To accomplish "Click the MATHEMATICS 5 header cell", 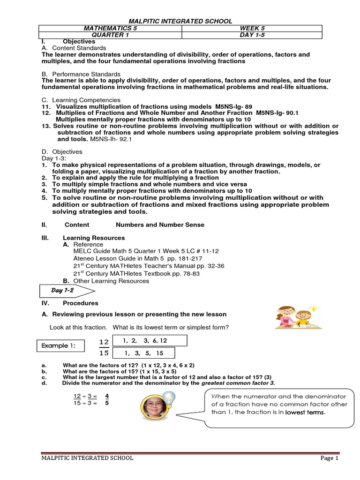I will tap(111, 28).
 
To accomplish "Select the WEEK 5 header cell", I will tap(251, 28).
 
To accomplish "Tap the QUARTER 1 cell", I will tap(111, 35).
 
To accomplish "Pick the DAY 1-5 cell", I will tap(251, 35).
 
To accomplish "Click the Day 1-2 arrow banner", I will tap(66, 291).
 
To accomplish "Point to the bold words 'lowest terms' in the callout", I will tap(305, 412).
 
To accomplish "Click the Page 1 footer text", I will tap(330, 458).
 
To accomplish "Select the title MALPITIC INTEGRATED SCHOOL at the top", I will tap(180, 21).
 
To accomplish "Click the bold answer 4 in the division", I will tap(107, 396).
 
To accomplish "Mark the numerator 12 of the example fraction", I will tap(104, 341).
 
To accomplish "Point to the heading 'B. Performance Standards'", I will tap(81, 74).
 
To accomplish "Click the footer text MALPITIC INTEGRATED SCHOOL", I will tap(87, 458).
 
